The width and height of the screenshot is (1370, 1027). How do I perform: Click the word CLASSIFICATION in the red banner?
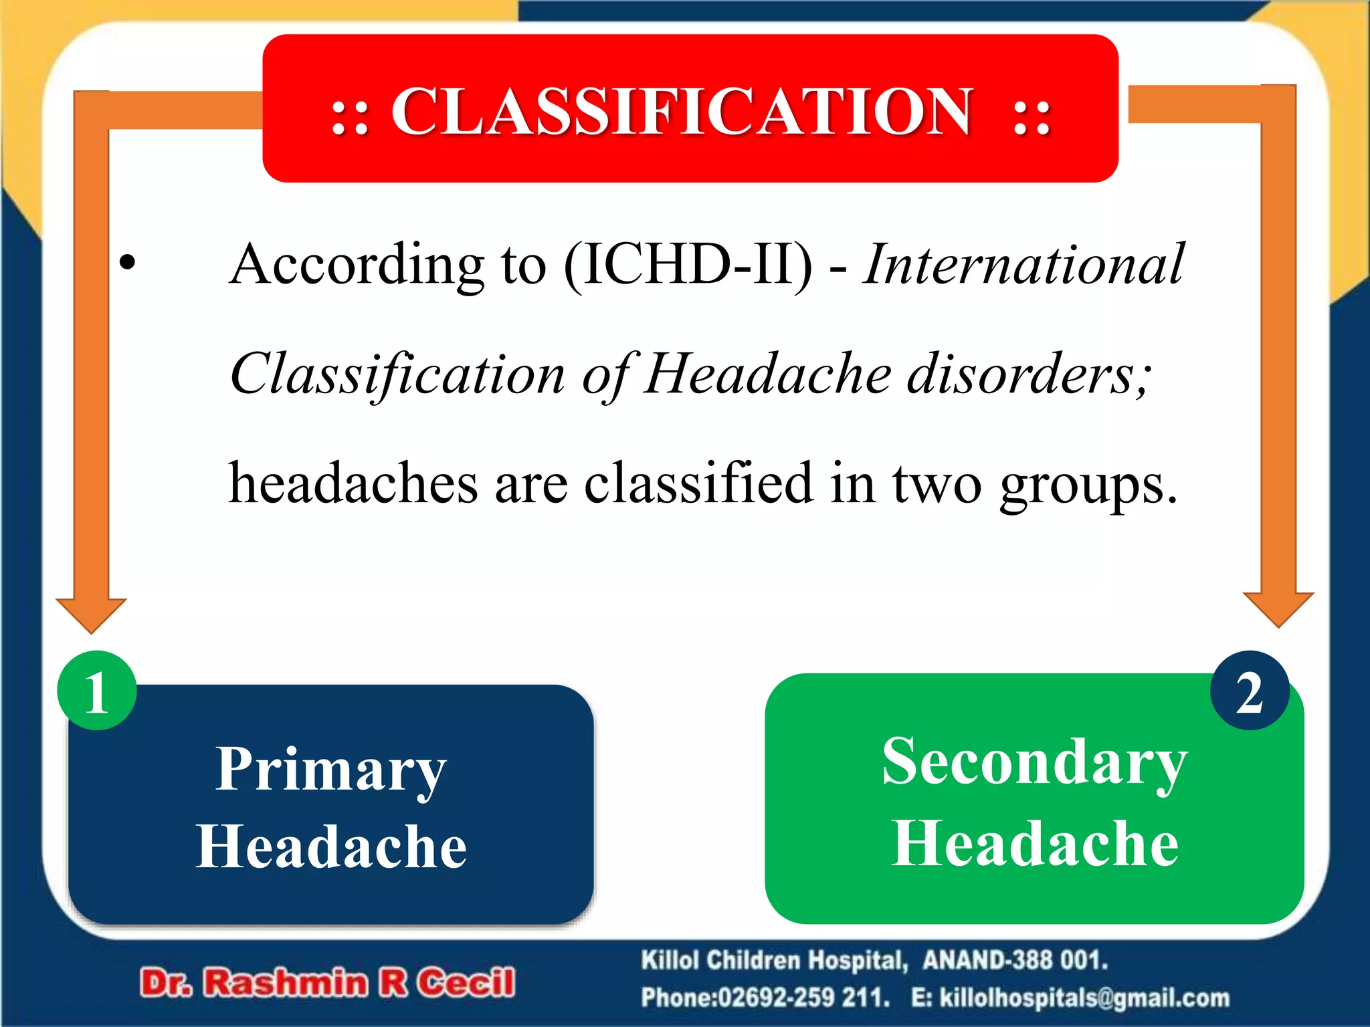click(680, 112)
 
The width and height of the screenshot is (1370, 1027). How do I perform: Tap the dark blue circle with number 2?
click(1249, 691)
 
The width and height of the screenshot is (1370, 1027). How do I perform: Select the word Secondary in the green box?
click(1034, 763)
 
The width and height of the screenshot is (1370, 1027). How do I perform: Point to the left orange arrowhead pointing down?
click(91, 614)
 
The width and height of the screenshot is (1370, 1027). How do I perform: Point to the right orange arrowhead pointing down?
click(1278, 608)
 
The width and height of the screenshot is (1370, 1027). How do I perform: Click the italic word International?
click(1023, 264)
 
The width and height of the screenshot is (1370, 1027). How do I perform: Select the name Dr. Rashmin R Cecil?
click(327, 983)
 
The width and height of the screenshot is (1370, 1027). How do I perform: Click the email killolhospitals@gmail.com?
click(1084, 998)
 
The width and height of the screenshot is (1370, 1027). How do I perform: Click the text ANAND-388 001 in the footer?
click(1014, 960)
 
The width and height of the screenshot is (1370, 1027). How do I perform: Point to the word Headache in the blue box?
click(330, 846)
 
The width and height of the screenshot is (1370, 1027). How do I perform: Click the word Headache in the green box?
click(1034, 844)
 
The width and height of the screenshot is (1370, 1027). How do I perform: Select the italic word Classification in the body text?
click(397, 374)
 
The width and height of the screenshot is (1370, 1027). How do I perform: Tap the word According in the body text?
click(355, 264)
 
